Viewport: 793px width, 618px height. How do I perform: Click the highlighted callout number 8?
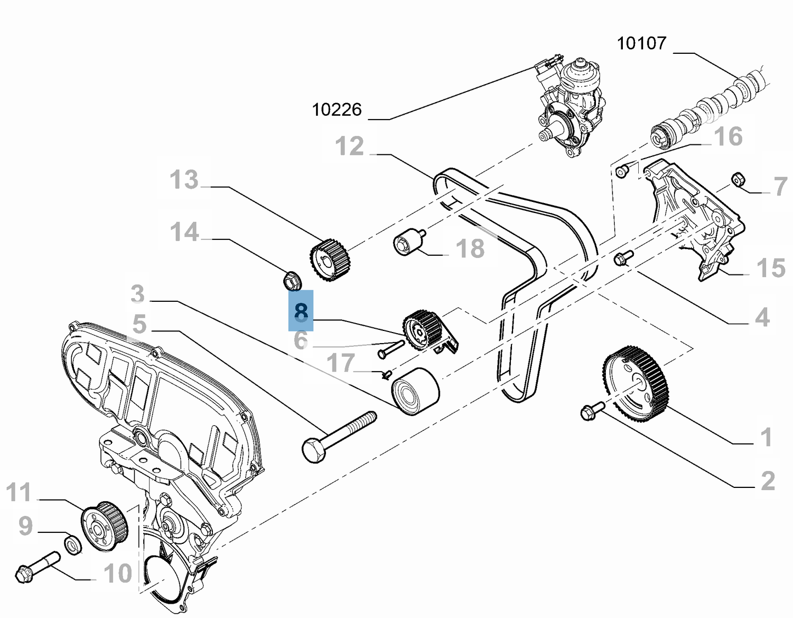point(301,311)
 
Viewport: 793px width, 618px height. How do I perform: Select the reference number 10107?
point(641,43)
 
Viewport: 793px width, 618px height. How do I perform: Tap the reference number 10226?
point(336,110)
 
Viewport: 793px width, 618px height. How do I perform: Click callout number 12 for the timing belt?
point(350,147)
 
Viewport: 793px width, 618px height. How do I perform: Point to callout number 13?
point(184,179)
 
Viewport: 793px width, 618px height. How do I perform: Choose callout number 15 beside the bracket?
point(770,268)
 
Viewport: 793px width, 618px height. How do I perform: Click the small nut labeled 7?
point(738,179)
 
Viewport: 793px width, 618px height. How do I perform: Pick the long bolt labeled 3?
point(338,437)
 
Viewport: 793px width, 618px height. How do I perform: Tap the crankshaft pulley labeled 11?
point(104,525)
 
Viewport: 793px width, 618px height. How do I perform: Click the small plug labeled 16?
point(622,172)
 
